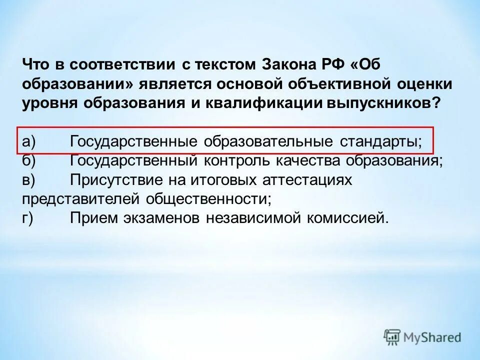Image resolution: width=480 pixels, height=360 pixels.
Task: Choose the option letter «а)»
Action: tap(28, 141)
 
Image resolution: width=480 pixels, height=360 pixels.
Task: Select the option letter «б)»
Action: tap(28, 160)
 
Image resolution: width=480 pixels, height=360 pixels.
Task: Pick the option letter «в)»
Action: tap(28, 179)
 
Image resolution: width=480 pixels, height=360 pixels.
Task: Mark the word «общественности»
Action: tap(209, 198)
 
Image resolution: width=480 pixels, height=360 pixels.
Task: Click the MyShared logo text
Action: tap(432, 337)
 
